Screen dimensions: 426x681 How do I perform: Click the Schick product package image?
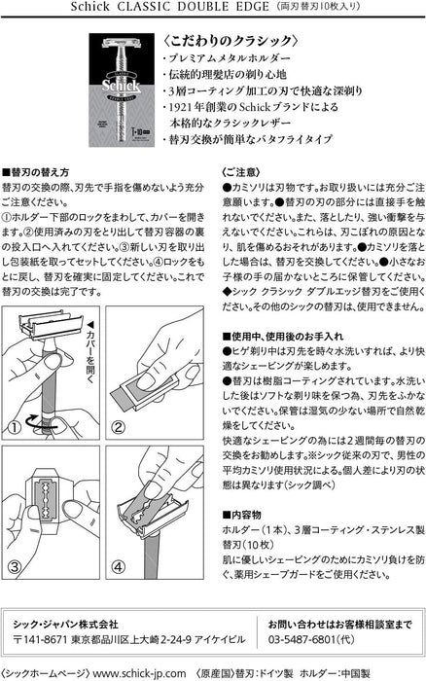point(122,90)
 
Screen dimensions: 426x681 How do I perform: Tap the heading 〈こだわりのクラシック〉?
point(231,41)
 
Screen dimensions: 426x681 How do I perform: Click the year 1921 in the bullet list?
point(182,107)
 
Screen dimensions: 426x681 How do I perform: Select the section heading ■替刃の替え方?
point(35,172)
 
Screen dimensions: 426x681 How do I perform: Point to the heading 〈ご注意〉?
point(241,172)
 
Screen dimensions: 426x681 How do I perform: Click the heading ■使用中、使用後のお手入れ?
point(283,337)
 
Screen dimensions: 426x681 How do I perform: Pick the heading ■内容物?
point(241,515)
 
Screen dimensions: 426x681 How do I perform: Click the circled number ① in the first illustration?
point(15,427)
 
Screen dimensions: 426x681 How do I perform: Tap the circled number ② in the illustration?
point(119,427)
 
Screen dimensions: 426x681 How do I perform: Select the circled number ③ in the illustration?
point(15,567)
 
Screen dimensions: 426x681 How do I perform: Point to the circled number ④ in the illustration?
point(119,567)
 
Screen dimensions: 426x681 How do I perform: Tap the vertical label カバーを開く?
point(90,352)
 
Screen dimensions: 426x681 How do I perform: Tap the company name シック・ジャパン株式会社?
point(65,625)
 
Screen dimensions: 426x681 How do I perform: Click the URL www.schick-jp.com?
point(139,673)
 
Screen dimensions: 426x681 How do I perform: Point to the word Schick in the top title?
point(89,7)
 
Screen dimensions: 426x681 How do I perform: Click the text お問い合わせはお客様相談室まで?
point(340,625)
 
